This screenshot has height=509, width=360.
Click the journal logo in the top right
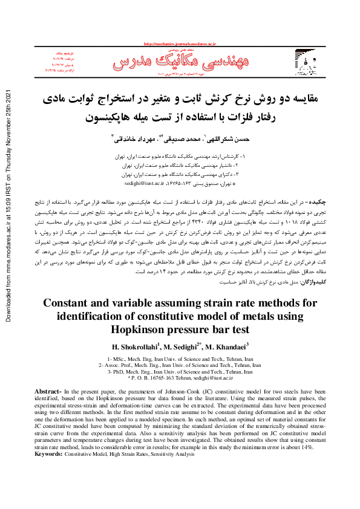(307, 62)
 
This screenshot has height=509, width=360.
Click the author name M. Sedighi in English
(171, 347)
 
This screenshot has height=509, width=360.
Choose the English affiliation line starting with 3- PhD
(180, 372)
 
